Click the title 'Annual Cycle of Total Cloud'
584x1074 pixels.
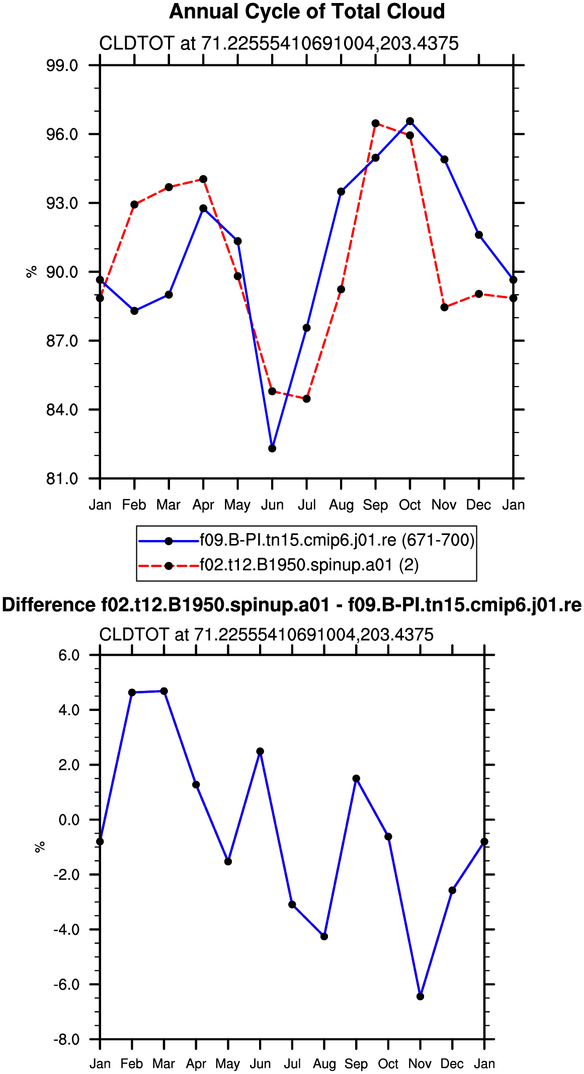pos(307,12)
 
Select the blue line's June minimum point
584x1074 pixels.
pos(272,449)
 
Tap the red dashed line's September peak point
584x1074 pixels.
pos(375,123)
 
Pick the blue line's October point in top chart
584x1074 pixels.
pos(410,121)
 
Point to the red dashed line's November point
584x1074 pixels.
pos(444,307)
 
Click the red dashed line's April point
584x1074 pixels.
pos(203,179)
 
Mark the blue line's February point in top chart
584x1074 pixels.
pos(134,311)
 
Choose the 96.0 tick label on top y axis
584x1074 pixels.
pos(62,134)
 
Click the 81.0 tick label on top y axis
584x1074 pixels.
pos(62,479)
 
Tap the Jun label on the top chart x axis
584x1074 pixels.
pos(272,505)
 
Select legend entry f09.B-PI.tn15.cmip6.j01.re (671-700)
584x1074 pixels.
pos(306,540)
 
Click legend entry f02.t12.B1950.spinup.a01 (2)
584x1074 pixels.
pos(279,565)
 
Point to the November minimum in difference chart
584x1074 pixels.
pos(421,996)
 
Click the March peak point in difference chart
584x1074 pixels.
pos(164,691)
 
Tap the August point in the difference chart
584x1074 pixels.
pos(324,936)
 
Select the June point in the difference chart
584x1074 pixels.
pos(260,751)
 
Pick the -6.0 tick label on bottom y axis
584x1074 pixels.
pos(66,984)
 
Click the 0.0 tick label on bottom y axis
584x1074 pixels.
pos(69,820)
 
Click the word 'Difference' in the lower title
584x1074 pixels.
pos(48,605)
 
